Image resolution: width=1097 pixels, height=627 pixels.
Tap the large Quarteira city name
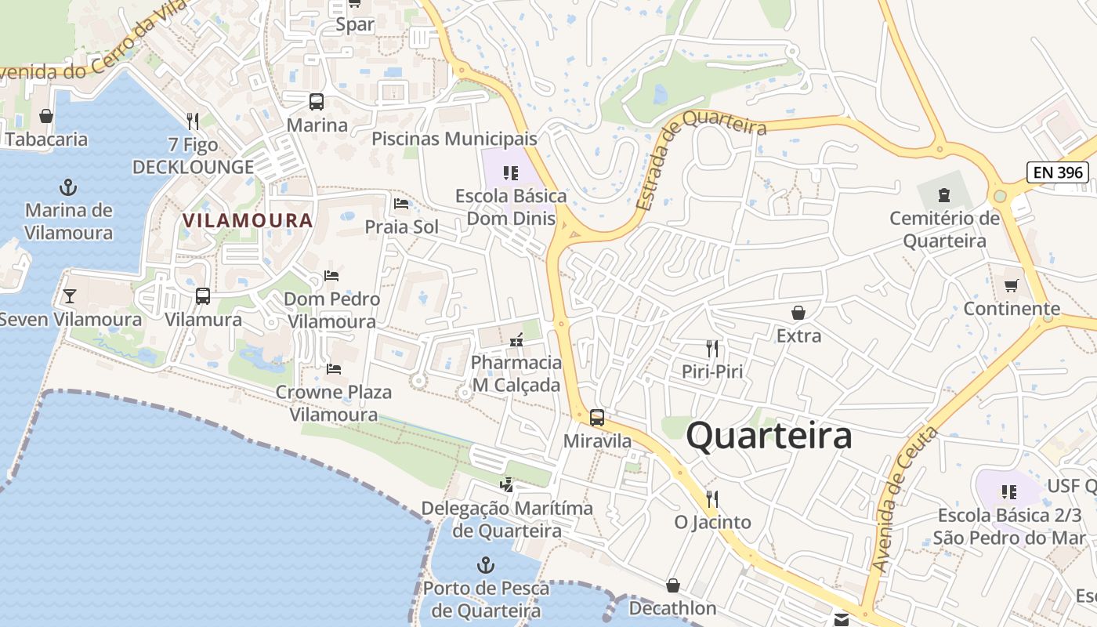click(769, 436)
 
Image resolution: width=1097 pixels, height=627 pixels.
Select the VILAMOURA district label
click(248, 220)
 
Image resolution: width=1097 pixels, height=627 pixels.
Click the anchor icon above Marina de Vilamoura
click(69, 187)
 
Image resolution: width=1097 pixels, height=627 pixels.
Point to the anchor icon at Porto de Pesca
click(486, 564)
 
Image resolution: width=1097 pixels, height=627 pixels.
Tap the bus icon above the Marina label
click(317, 102)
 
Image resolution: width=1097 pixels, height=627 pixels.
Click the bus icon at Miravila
click(597, 417)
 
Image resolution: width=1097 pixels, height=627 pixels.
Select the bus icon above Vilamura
click(203, 296)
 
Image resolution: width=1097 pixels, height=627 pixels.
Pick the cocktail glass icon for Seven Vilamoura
click(70, 295)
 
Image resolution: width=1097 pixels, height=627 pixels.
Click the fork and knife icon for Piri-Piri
click(712, 348)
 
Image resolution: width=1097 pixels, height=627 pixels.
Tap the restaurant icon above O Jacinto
click(712, 498)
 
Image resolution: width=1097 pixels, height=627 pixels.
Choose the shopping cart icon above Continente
click(1012, 285)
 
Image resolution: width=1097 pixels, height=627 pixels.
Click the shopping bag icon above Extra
click(798, 313)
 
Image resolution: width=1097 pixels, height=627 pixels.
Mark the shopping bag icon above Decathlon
click(672, 585)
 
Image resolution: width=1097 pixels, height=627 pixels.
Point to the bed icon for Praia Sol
click(401, 204)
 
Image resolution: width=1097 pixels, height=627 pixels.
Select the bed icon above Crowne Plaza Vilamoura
click(334, 368)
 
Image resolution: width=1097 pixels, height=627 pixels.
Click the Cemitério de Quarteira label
click(944, 230)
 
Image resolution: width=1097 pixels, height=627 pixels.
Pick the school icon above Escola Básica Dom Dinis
click(511, 172)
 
